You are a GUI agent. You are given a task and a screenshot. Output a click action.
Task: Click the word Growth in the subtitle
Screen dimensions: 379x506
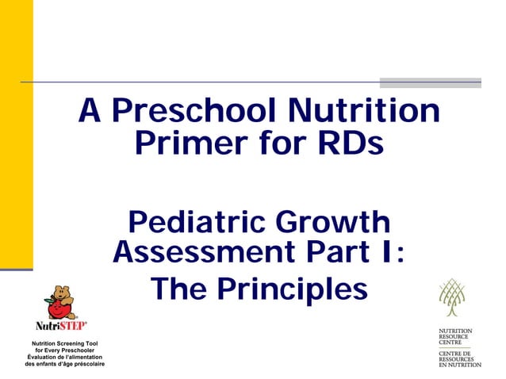(332, 221)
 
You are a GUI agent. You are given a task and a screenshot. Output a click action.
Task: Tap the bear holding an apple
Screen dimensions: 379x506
(59, 301)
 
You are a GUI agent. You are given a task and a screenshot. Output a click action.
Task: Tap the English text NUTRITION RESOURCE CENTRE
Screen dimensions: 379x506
(456, 336)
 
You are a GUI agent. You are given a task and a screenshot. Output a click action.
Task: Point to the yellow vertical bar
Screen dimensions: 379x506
(16, 135)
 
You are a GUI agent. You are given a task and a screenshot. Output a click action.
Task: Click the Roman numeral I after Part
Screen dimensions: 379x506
(383, 253)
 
